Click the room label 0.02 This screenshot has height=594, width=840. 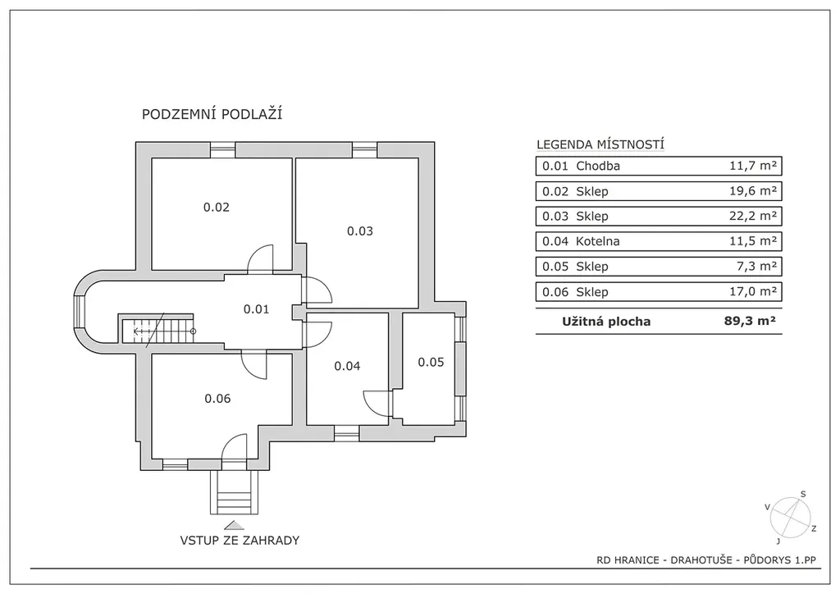(217, 208)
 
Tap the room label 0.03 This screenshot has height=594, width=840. (360, 231)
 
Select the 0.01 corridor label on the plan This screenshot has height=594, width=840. (256, 309)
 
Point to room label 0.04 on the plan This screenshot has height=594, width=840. (347, 367)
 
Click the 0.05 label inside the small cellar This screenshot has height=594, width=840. (431, 363)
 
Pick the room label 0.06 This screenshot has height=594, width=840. (217, 399)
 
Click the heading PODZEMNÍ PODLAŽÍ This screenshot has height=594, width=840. (212, 114)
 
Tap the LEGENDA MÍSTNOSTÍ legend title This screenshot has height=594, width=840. (600, 144)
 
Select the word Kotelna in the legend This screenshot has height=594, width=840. (598, 241)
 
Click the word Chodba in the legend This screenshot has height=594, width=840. (598, 166)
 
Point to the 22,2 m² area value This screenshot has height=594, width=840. (753, 216)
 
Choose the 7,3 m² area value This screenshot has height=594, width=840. (756, 266)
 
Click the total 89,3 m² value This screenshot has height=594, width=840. (750, 321)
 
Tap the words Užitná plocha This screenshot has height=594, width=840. (606, 322)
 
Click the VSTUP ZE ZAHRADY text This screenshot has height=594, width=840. (240, 541)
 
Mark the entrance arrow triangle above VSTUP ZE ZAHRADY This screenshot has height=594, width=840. (234, 525)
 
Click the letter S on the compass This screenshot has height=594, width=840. (803, 495)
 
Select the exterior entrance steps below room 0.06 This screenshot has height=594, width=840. (234, 492)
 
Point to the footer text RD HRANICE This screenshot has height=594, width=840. (628, 560)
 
